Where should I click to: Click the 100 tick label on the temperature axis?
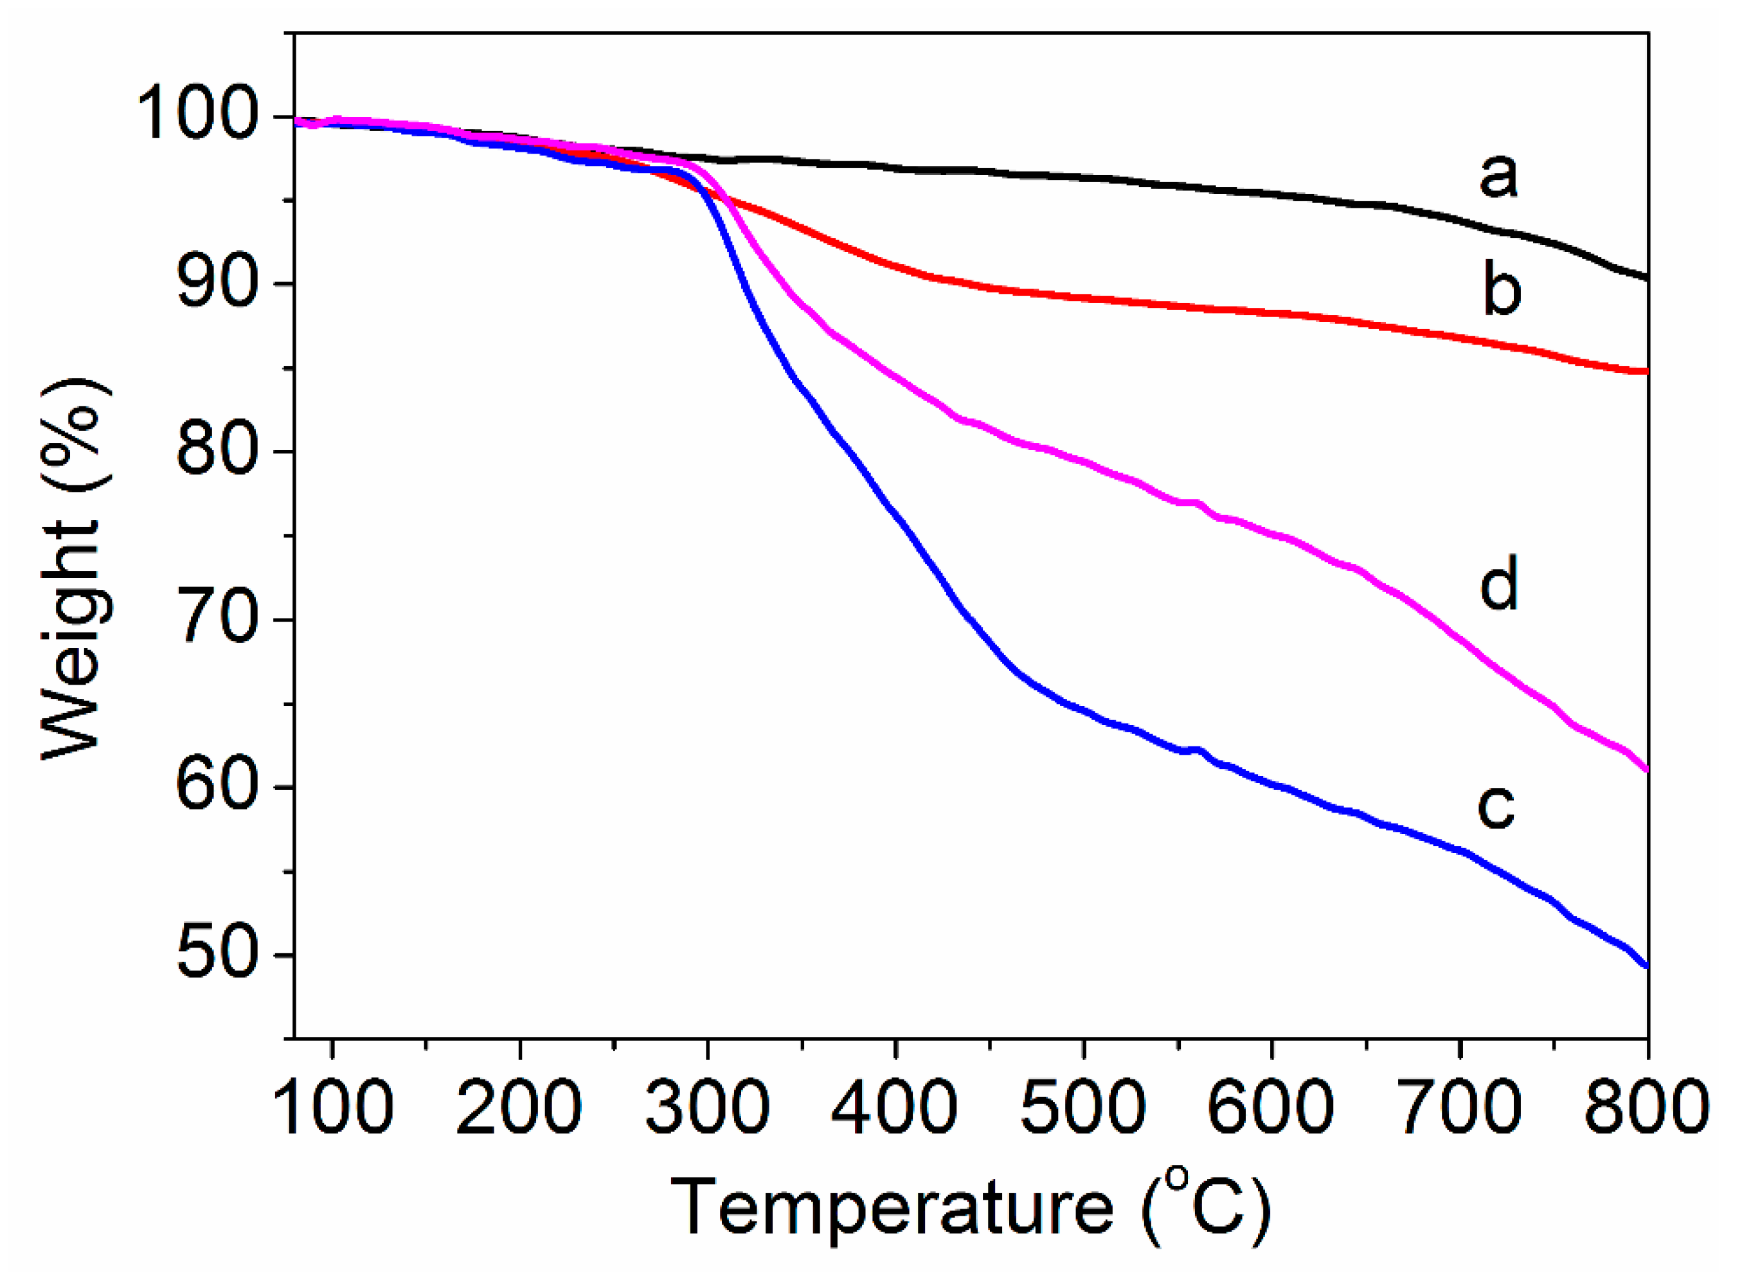tap(332, 1108)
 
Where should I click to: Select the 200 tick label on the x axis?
tap(519, 1108)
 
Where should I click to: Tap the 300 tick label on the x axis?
tap(707, 1108)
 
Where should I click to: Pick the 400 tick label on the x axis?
tap(895, 1108)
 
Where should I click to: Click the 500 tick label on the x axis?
tap(1084, 1108)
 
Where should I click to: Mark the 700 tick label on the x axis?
tap(1460, 1108)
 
